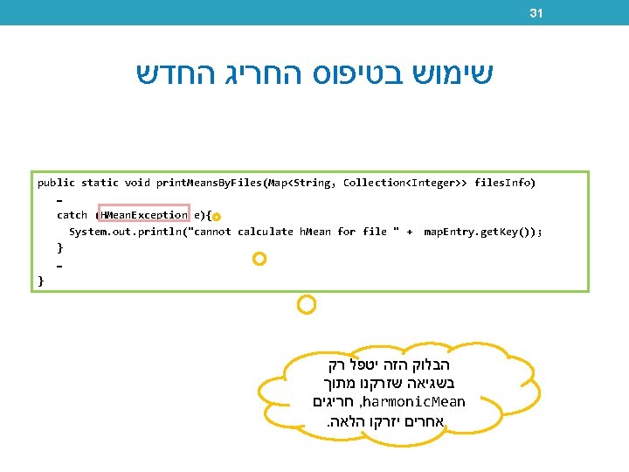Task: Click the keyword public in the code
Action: tap(56, 183)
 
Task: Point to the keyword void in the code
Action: tap(137, 183)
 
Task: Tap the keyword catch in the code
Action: tap(72, 215)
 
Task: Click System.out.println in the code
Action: tap(129, 232)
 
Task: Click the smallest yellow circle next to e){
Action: tap(217, 216)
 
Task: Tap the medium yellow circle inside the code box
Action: tap(259, 259)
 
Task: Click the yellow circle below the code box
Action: tap(306, 304)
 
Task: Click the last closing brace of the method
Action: tap(40, 281)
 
